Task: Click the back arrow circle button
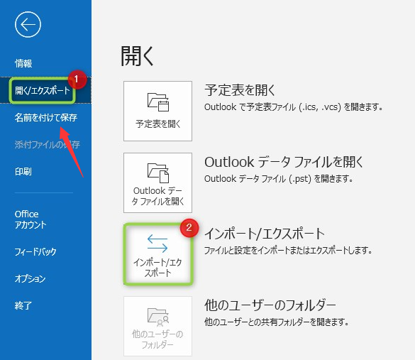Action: tap(28, 25)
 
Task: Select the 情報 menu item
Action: tap(23, 64)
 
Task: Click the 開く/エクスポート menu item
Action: tap(43, 90)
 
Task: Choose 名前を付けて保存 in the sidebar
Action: tap(46, 117)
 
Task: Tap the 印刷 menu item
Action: tap(23, 172)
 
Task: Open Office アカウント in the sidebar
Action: tap(31, 219)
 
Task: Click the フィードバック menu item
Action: tap(35, 251)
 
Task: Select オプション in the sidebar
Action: tap(31, 278)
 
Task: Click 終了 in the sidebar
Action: tap(23, 306)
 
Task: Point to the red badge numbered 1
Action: tap(77, 80)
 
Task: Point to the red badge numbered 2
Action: tap(189, 228)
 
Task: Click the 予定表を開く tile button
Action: tap(157, 111)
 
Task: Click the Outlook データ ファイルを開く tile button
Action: tap(157, 182)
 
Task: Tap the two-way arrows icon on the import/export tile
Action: tap(157, 243)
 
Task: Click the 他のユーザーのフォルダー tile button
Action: tap(157, 326)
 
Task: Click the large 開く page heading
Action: tap(137, 55)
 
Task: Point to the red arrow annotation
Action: tap(71, 151)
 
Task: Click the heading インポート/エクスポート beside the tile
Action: tap(264, 234)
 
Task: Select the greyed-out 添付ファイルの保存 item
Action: tap(47, 145)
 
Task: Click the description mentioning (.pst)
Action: tap(279, 179)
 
